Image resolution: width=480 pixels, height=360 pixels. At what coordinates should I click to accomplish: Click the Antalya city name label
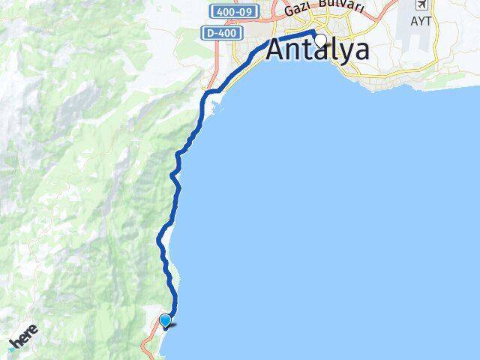(x=318, y=50)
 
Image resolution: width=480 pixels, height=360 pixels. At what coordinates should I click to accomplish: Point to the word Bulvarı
(x=340, y=7)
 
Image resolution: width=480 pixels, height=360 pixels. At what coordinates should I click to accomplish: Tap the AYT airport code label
(x=421, y=21)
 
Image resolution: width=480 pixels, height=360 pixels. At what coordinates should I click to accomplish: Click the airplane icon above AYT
(x=421, y=5)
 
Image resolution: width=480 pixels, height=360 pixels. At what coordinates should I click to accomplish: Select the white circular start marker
(x=321, y=40)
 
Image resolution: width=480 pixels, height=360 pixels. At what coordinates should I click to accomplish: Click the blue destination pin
(x=166, y=321)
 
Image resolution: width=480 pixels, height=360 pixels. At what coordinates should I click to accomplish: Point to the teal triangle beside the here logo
(x=13, y=349)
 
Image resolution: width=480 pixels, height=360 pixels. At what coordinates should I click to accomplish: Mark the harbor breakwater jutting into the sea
(x=214, y=93)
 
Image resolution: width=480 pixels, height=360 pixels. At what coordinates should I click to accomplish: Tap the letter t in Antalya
(x=311, y=50)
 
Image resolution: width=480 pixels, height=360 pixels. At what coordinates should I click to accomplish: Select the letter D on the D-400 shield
(x=206, y=33)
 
